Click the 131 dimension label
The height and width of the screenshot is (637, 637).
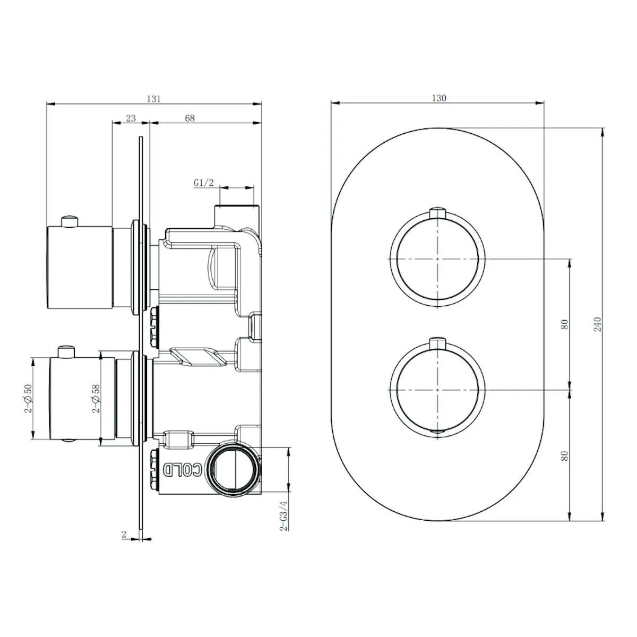[154, 99]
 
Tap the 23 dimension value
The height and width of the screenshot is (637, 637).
[131, 118]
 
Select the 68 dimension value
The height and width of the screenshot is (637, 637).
[190, 118]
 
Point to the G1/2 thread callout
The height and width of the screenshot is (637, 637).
[204, 183]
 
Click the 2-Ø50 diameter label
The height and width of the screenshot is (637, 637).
[29, 398]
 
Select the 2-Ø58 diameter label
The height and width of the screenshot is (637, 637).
[96, 398]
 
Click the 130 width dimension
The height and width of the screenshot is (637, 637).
[438, 98]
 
